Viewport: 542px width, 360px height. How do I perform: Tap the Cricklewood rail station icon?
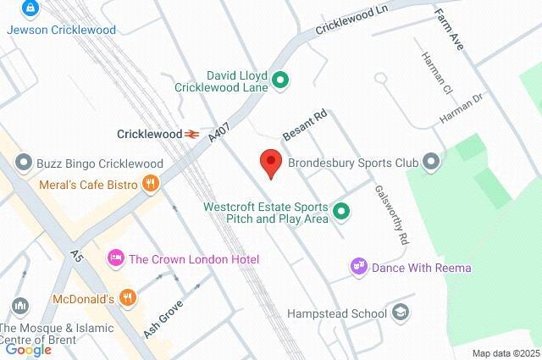193,134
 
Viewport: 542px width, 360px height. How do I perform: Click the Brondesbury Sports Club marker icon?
432,160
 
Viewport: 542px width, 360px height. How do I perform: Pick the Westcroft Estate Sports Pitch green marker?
340,211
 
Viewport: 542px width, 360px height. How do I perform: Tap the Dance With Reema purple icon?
359,268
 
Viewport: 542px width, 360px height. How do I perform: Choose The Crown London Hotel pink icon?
115,258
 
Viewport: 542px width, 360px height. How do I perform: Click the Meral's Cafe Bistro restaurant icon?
150,182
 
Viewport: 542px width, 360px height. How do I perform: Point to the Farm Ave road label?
449,29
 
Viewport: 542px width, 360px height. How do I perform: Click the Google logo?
28,349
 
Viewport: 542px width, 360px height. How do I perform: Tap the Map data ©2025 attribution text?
506,353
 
